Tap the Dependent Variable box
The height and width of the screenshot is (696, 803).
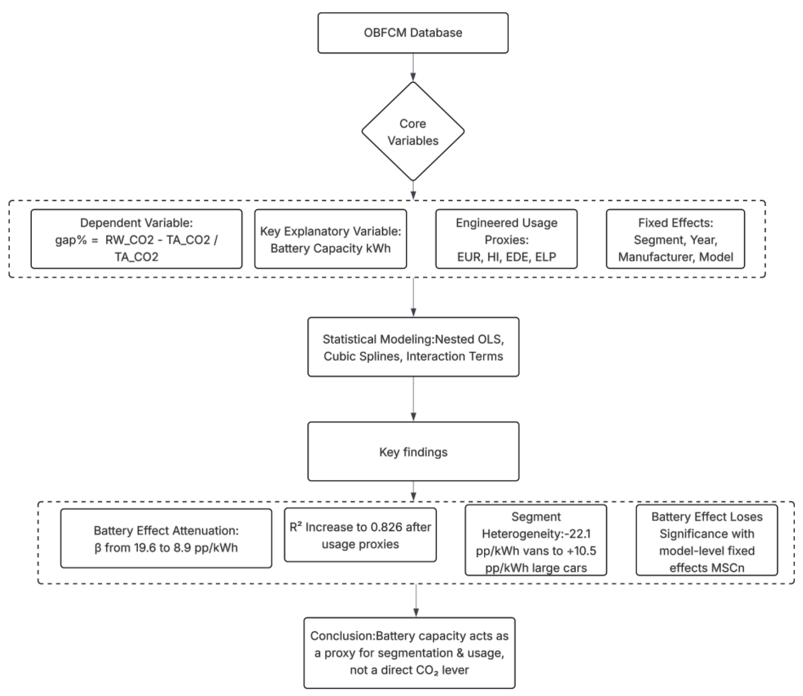[136, 239]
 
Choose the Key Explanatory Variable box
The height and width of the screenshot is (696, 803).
[330, 239]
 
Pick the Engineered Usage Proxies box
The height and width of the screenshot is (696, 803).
[506, 239]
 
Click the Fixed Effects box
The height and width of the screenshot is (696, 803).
[675, 239]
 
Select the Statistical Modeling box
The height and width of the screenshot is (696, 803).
[413, 347]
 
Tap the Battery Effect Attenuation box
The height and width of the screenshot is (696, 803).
[166, 538]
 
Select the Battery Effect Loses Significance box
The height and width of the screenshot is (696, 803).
[706, 540]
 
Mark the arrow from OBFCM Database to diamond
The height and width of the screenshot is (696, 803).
[413, 67]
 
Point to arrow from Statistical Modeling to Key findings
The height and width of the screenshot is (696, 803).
[413, 399]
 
